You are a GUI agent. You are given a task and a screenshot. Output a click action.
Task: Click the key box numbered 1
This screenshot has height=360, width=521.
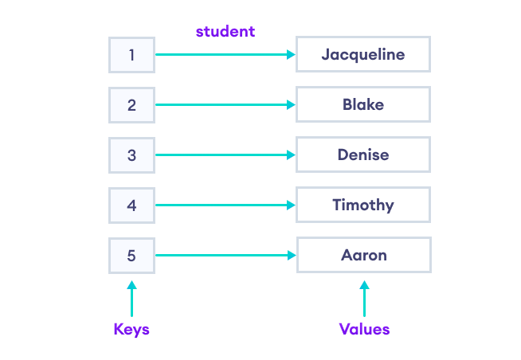131,55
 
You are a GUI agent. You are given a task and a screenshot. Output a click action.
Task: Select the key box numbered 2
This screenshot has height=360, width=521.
131,105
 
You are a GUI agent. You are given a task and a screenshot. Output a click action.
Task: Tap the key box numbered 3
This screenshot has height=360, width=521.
131,155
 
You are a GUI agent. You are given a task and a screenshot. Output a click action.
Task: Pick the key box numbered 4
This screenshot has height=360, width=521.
131,205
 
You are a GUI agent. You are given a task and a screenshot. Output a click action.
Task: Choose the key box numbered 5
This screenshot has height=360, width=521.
131,256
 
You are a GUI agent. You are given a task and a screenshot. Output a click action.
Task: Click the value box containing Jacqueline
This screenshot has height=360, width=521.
363,55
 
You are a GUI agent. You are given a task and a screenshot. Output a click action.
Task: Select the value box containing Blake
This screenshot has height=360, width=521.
363,105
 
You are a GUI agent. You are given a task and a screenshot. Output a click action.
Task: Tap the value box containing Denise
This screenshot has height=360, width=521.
363,155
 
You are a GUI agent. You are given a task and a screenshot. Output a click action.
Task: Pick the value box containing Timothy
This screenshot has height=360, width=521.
363,205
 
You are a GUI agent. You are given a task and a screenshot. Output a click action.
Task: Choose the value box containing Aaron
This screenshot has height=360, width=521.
364,256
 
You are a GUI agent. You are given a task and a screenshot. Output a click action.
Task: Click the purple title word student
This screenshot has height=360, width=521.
225,32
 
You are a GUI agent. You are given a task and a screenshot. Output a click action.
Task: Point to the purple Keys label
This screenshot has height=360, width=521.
131,329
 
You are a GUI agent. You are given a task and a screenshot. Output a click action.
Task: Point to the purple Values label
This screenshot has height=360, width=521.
364,329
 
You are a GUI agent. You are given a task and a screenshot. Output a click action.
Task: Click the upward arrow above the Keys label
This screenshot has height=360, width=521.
131,299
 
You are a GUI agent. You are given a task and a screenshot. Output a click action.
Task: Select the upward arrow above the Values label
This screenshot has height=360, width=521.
364,299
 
